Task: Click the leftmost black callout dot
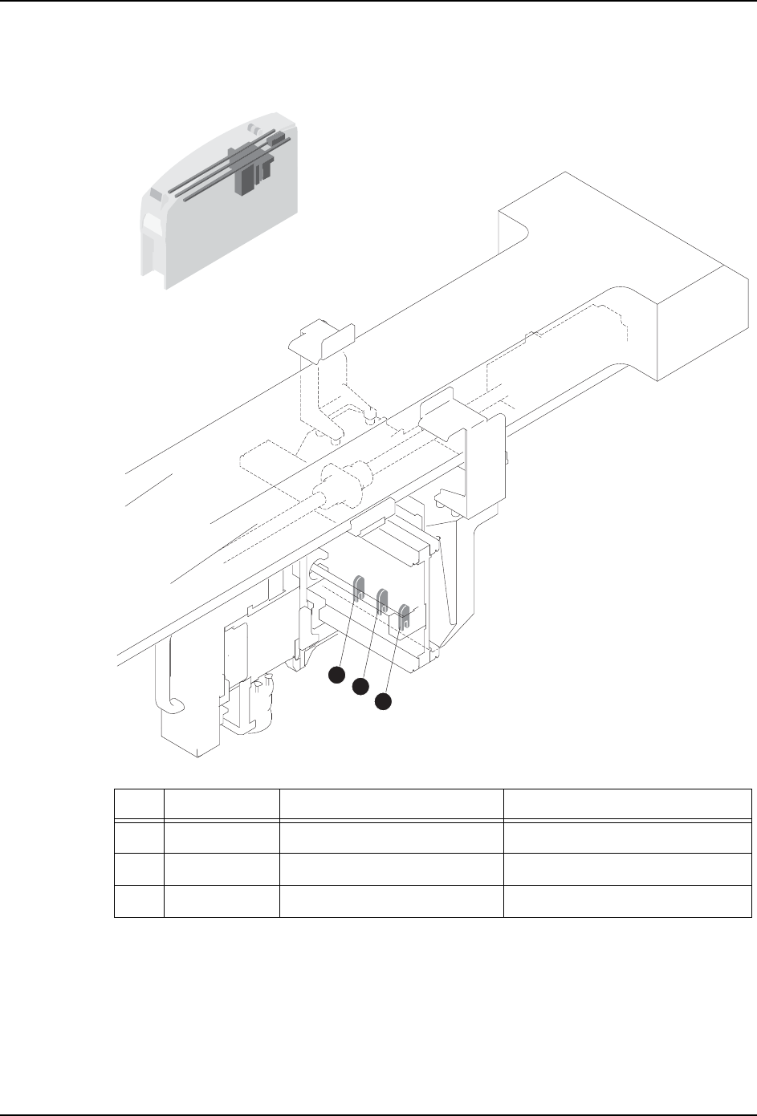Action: (337, 676)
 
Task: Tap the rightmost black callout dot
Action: (384, 701)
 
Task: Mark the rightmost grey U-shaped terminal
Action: (405, 615)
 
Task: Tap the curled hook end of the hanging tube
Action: (173, 705)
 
